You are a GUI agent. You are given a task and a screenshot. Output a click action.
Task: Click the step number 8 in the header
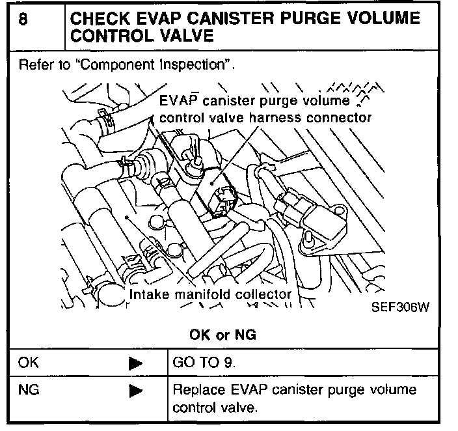23,20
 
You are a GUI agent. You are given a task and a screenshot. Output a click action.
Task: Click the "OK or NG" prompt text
222,335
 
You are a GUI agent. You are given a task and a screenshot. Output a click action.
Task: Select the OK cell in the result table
29,363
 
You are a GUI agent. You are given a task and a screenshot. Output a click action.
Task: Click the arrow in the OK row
135,363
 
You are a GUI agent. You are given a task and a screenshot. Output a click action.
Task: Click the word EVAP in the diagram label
176,102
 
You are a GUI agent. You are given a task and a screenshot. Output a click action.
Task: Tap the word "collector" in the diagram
263,294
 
